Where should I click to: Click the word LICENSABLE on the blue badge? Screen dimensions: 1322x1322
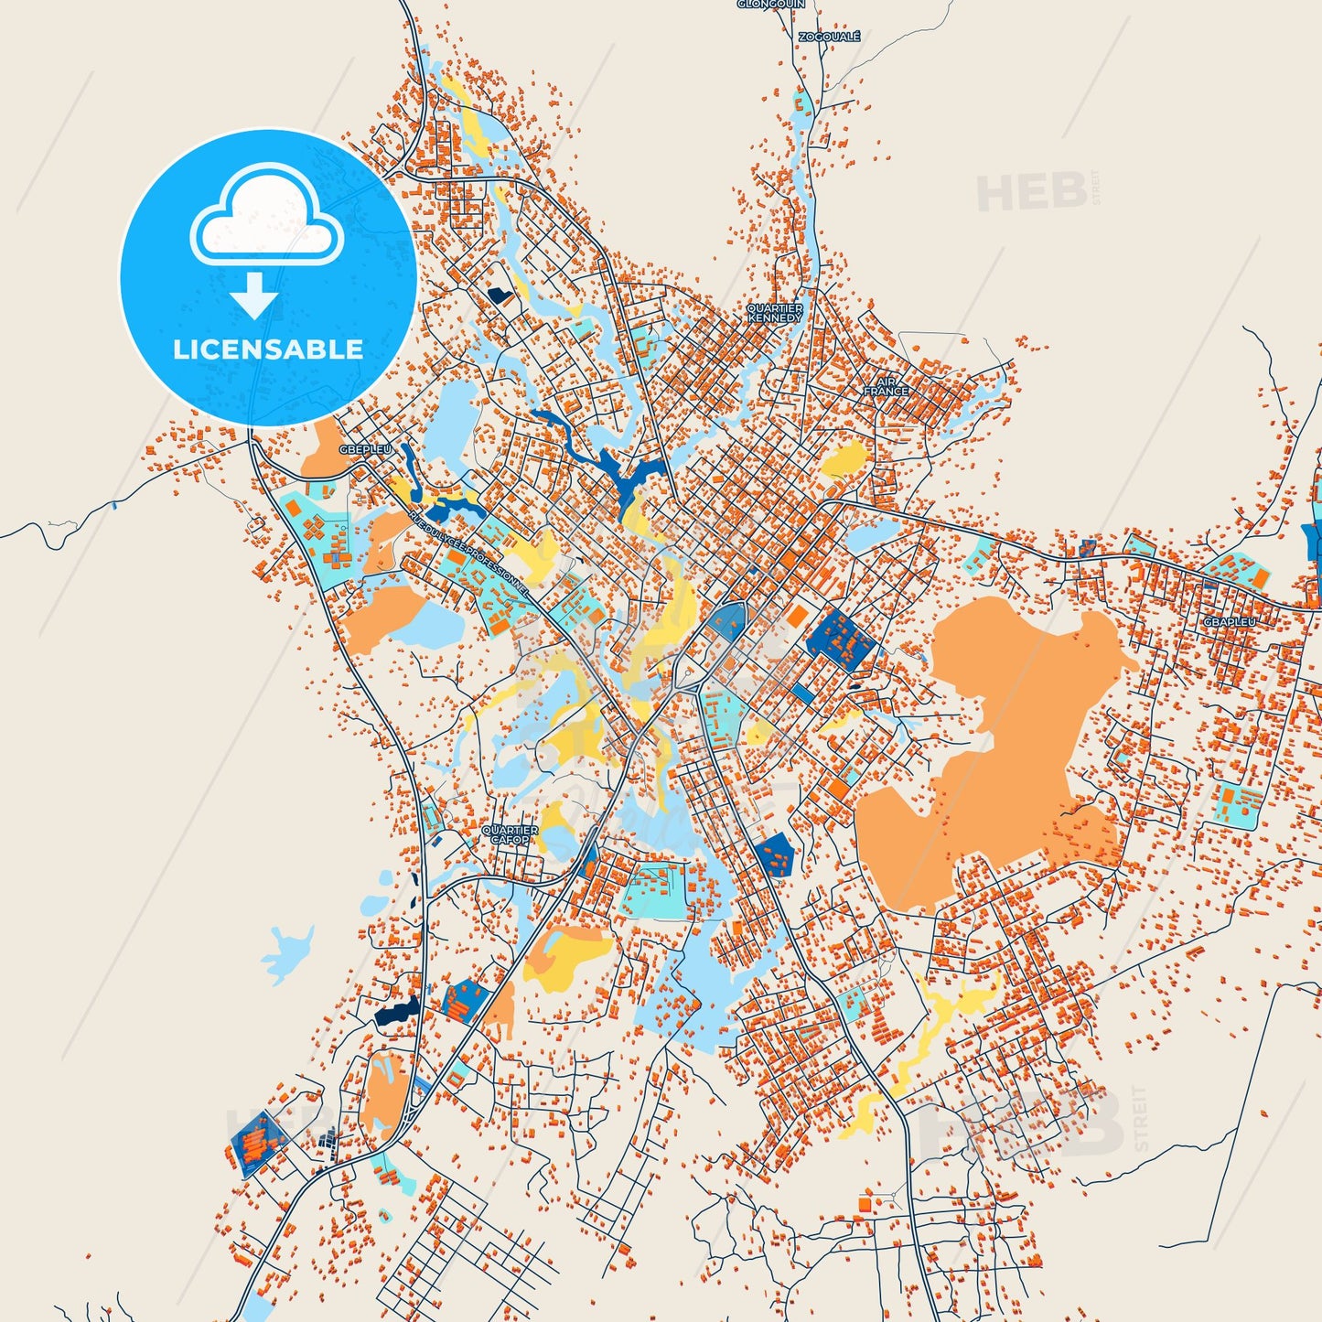pyautogui.click(x=268, y=349)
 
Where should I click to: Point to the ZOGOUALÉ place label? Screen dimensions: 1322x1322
pyautogui.click(x=830, y=37)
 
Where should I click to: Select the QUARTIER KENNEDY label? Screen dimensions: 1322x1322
pyautogui.click(x=775, y=313)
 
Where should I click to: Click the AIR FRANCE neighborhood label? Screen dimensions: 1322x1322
pyautogui.click(x=887, y=386)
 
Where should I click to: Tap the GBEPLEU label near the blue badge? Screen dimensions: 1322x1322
pyautogui.click(x=365, y=449)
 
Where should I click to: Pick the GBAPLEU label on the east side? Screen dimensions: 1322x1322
pyautogui.click(x=1230, y=622)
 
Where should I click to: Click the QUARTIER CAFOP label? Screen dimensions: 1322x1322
pyautogui.click(x=510, y=834)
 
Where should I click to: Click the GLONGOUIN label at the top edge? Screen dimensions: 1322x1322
pyautogui.click(x=770, y=5)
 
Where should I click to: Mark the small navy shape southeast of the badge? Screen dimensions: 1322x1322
pyautogui.click(x=499, y=296)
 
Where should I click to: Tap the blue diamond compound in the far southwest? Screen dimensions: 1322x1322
pyautogui.click(x=260, y=1141)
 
